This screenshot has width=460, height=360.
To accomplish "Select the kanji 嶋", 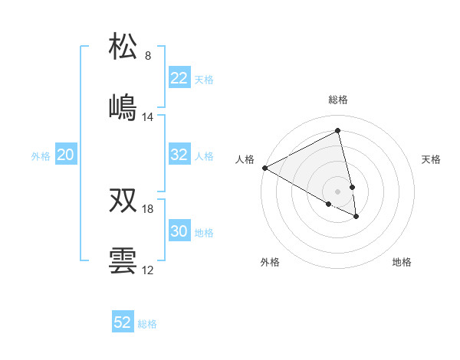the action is tap(123, 107).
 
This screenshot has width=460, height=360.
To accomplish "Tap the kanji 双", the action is tap(123, 200).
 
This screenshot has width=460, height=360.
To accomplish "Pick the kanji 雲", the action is tap(123, 260).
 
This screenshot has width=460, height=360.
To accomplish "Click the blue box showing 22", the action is tap(179, 78).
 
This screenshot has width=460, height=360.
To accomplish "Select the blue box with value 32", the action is tap(179, 155).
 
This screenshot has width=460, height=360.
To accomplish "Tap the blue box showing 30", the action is tap(179, 231).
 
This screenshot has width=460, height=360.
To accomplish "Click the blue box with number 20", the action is tap(66, 155).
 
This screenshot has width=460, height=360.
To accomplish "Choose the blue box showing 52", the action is tap(123, 322).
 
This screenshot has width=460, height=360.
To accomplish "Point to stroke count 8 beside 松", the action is tap(148, 56).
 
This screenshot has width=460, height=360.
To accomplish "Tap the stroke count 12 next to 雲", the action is tap(148, 270).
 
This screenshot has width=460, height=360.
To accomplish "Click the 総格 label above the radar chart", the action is tap(338, 100).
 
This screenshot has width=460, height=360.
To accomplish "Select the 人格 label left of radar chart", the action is tap(245, 159).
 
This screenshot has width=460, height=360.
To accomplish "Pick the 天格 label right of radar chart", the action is tap(431, 159).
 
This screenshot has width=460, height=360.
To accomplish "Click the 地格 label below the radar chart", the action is tap(402, 262).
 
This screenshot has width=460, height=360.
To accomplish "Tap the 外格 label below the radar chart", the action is tap(270, 262).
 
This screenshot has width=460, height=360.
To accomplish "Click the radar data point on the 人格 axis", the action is tap(264, 168).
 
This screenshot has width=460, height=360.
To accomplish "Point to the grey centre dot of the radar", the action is tap(338, 191).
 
